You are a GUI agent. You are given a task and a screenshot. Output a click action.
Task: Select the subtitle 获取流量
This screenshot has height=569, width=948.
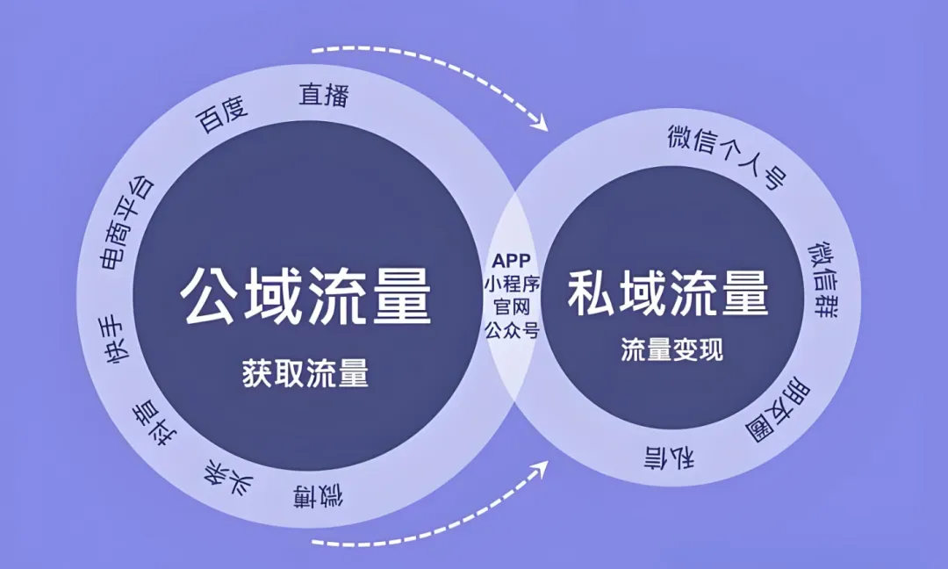[305, 374]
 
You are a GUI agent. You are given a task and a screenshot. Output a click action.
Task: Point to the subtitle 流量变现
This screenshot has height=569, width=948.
[671, 349]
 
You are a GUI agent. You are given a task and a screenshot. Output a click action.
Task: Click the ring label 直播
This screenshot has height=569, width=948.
[324, 94]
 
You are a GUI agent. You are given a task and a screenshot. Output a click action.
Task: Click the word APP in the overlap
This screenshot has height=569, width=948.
[511, 261]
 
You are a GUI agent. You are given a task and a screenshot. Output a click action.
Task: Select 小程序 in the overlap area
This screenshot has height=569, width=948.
[511, 284]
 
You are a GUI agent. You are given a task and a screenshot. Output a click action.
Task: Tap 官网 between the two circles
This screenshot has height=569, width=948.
[511, 307]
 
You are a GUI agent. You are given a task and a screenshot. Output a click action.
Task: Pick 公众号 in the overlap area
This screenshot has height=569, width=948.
[511, 330]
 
